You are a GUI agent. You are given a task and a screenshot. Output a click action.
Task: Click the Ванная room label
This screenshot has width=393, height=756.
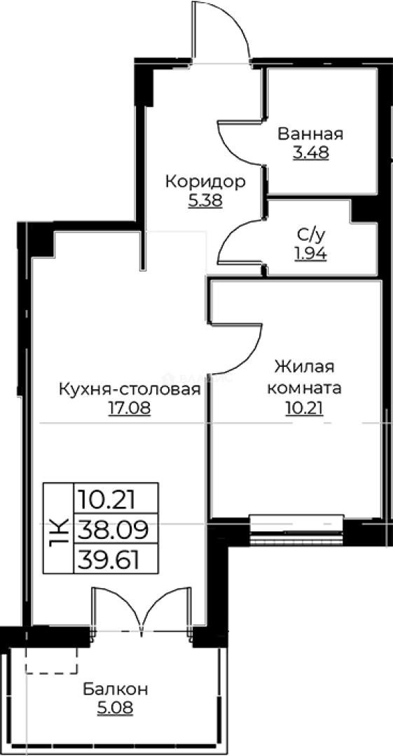click(x=310, y=134)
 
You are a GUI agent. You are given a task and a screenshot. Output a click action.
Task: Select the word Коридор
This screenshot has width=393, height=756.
click(x=205, y=183)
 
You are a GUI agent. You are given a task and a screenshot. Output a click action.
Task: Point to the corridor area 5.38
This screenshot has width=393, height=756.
click(x=205, y=201)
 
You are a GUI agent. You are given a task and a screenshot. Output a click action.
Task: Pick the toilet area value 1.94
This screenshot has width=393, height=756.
click(x=310, y=254)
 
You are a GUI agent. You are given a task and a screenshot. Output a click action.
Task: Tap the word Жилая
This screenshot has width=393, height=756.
click(x=304, y=367)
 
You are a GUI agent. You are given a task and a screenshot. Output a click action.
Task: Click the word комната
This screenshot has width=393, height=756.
click(x=304, y=387)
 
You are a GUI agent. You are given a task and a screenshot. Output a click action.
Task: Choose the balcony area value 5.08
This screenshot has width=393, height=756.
click(x=115, y=708)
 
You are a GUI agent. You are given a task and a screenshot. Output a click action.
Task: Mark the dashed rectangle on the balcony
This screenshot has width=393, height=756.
click(x=51, y=661)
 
